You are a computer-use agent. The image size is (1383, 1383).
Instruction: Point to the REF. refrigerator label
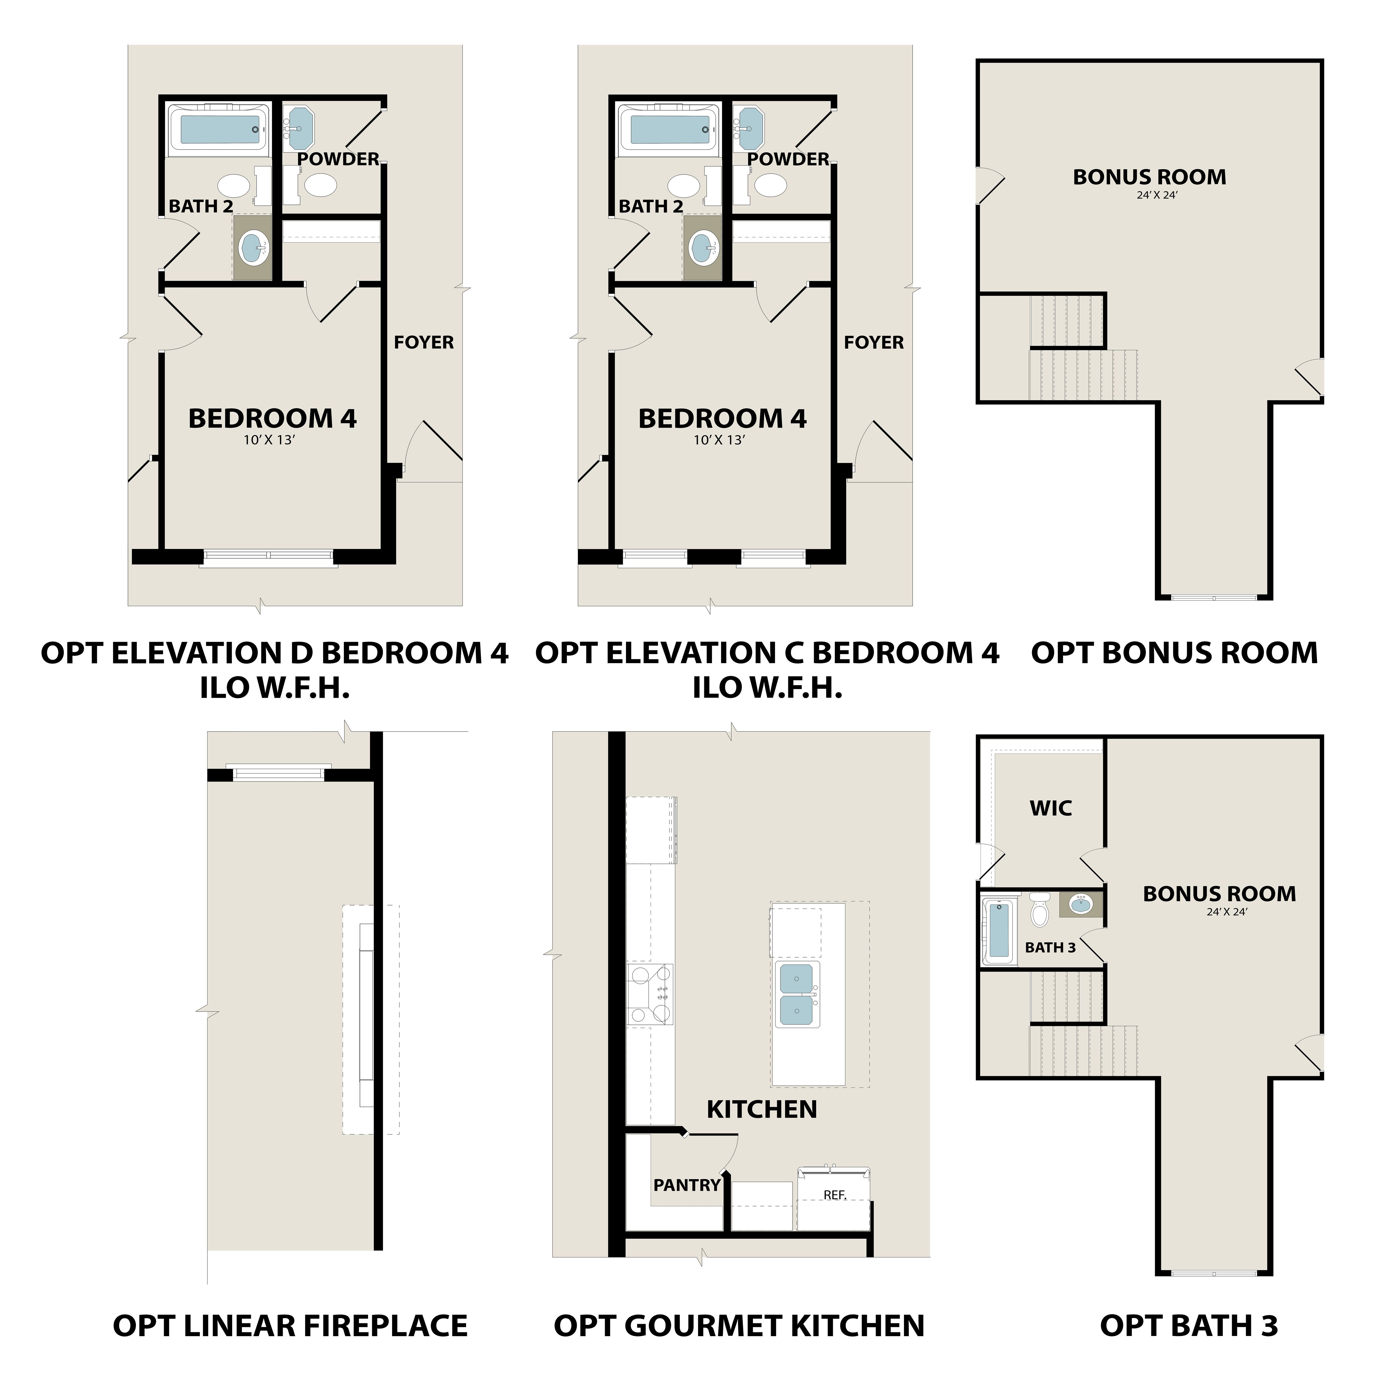[835, 1195]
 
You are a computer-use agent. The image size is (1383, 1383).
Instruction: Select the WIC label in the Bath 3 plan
[1051, 808]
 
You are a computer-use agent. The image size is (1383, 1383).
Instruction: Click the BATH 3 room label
[1050, 948]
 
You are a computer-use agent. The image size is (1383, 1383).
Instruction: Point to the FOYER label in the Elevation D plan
[424, 342]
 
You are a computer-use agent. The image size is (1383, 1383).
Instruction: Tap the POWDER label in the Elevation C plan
[788, 159]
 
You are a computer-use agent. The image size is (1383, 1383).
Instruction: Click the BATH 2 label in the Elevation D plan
[201, 206]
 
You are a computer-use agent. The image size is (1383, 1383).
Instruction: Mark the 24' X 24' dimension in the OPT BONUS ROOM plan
[1157, 195]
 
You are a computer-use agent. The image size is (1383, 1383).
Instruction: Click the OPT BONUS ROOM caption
[1174, 653]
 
